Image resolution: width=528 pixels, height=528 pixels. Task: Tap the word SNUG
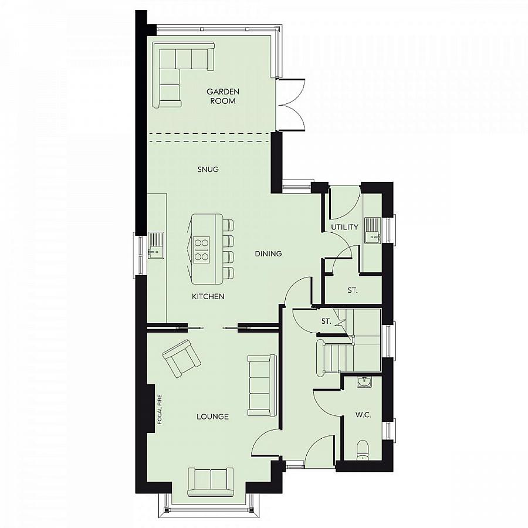point(208,170)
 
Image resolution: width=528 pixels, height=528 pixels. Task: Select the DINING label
point(269,254)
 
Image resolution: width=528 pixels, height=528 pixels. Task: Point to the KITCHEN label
point(208,297)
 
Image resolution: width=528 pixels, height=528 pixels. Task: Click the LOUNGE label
point(212,417)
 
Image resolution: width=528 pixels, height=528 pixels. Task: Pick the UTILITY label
point(344,226)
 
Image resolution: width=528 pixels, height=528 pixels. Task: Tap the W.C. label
point(363,415)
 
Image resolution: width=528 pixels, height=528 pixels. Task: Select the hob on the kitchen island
point(202,249)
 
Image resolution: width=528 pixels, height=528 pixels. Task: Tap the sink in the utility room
point(373,230)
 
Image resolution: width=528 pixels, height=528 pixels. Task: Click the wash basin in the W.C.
point(364,382)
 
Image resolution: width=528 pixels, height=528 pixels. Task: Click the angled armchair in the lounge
point(181,358)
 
